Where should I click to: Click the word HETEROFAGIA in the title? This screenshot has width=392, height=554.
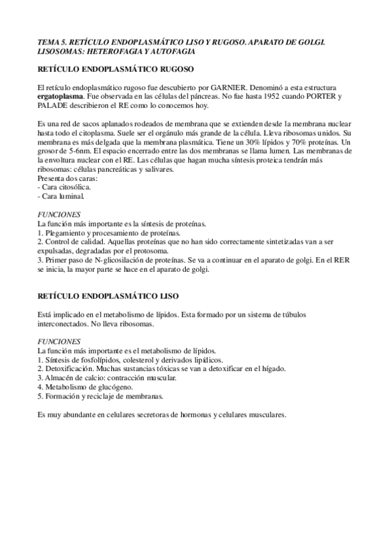pyautogui.click(x=107, y=50)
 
